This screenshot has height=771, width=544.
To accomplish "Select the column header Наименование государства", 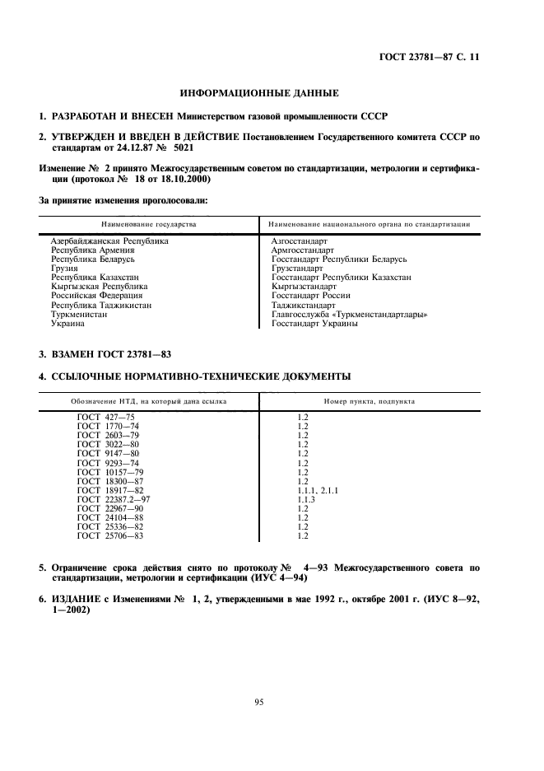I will click(149, 224).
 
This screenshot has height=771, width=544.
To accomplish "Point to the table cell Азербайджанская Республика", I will click(109, 241).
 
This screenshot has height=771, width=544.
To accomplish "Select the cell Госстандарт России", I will click(311, 296).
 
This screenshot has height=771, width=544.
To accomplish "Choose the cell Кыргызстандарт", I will click(304, 287).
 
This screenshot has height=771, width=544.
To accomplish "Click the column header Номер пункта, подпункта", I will click(369, 401).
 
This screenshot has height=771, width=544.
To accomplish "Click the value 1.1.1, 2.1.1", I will click(317, 490).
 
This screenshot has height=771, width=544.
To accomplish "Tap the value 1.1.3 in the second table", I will click(306, 499).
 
